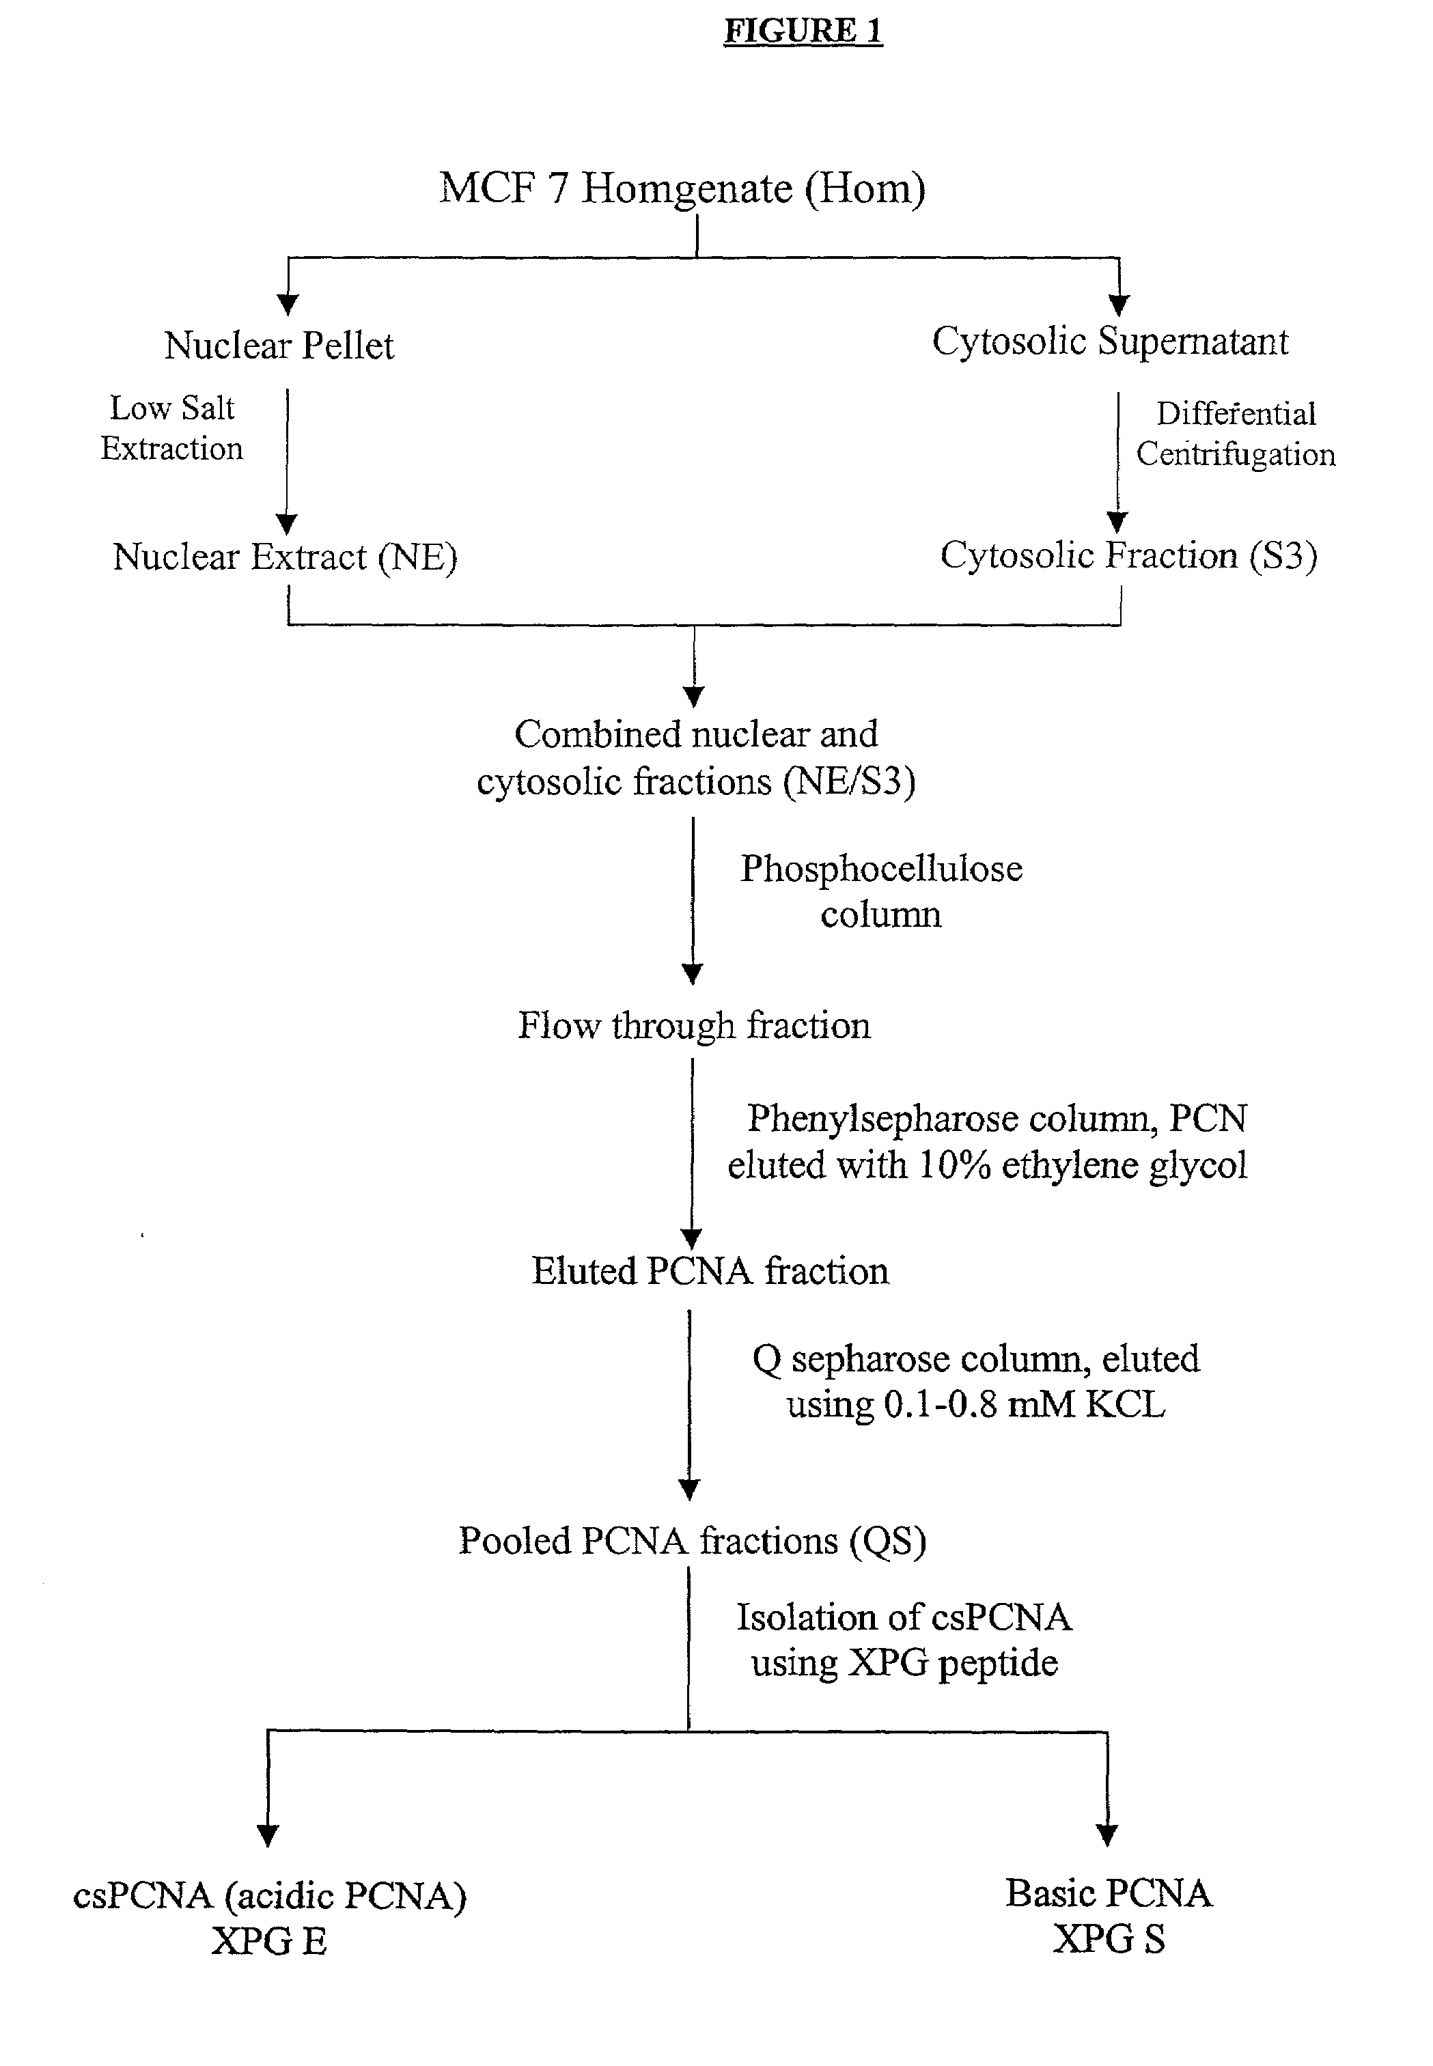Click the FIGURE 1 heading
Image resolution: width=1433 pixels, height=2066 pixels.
(804, 31)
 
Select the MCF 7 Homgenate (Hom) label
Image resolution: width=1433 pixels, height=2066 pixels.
(682, 189)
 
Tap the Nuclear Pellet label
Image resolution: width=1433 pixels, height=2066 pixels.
(279, 346)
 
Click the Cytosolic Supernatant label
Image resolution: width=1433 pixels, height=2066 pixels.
(1110, 341)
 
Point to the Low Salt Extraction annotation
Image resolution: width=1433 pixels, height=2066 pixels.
(171, 428)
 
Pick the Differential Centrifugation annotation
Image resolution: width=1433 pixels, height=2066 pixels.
(1236, 434)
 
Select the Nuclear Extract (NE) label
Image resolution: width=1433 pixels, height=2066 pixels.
(285, 557)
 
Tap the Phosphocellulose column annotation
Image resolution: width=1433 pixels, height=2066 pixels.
(881, 891)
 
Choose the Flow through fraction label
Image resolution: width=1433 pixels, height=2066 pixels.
(694, 1025)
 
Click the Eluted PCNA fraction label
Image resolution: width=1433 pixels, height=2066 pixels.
(710, 1270)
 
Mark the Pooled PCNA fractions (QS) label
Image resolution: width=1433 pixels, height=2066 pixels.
(693, 1541)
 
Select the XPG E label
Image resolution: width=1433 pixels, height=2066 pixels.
(269, 1941)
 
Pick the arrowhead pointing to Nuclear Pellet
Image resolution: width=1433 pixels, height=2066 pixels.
(288, 305)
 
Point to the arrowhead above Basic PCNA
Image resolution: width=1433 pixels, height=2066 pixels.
(1107, 1835)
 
